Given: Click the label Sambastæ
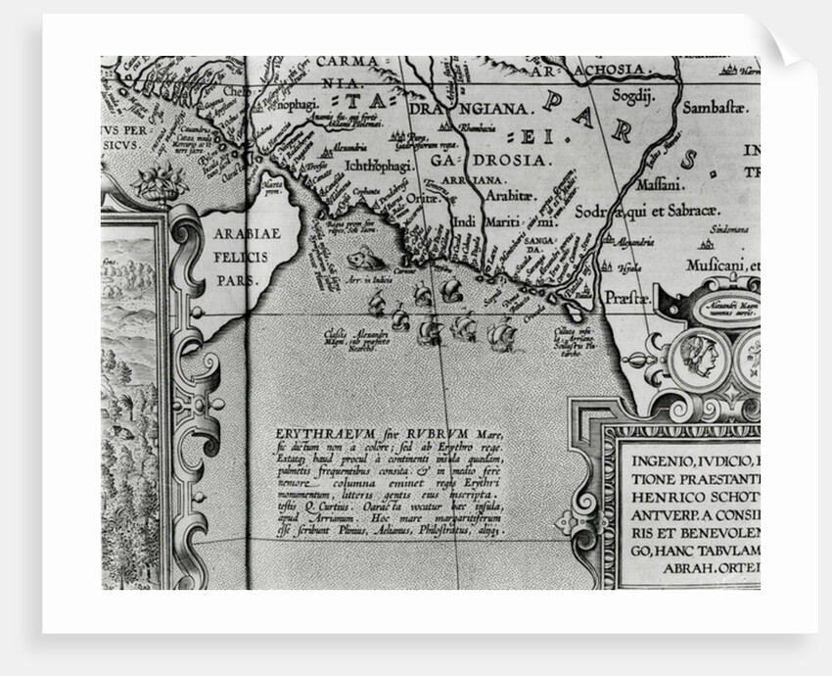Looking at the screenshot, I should tap(714, 107).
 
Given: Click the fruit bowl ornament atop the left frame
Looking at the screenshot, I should tap(160, 183).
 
